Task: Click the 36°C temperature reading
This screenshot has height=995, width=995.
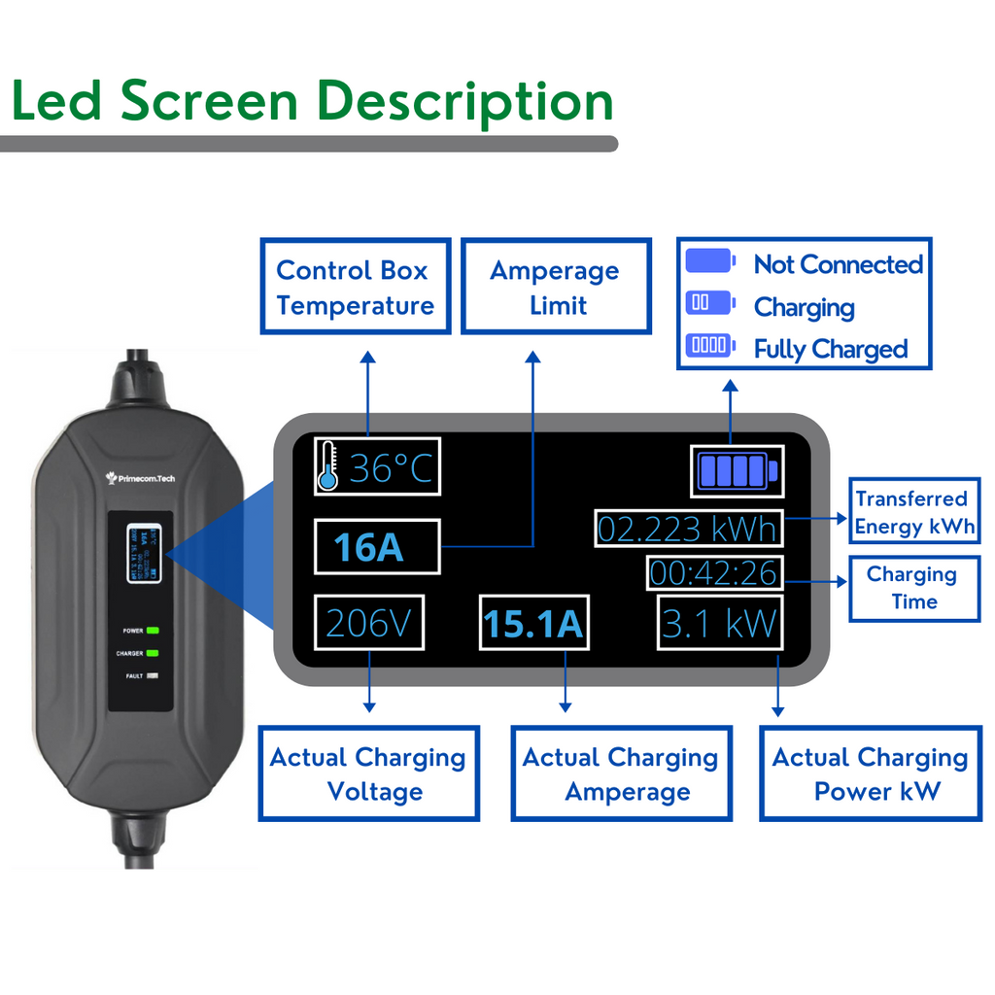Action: (391, 469)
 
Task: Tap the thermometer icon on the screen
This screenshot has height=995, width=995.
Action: (328, 465)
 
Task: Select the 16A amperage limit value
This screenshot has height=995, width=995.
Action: (376, 547)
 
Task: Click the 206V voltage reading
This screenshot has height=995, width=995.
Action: (369, 623)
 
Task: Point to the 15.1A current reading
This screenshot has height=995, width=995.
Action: (534, 624)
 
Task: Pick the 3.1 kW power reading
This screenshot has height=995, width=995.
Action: (720, 623)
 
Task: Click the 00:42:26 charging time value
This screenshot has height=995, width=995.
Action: (713, 573)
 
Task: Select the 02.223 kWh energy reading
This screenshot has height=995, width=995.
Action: (688, 530)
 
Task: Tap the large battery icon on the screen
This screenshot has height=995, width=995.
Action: (736, 471)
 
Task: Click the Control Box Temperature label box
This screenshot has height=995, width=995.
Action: (355, 287)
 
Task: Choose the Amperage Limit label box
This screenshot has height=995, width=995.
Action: (555, 287)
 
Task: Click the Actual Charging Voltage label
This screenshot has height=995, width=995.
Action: (368, 773)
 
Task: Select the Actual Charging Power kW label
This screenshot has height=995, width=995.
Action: (870, 773)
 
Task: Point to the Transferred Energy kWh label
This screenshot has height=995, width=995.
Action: (913, 512)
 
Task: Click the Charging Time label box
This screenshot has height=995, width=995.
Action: (913, 588)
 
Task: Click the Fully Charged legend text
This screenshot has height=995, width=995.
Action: (831, 349)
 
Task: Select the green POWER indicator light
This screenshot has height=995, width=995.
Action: (152, 631)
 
